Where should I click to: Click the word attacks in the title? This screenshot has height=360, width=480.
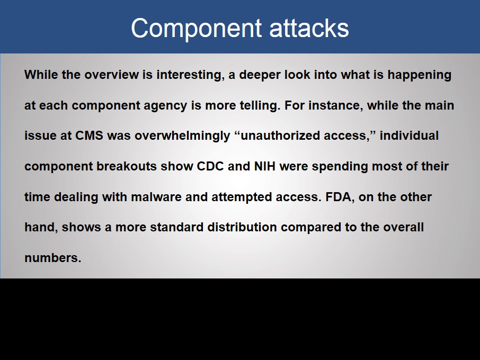coord(309,28)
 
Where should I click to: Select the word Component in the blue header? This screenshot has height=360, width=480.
coord(196,29)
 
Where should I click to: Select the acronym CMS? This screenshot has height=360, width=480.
coord(89,136)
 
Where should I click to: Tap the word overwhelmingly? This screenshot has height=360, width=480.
coord(182,136)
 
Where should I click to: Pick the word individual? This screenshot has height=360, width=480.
coord(410,136)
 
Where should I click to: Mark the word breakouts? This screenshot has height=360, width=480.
coord(127,166)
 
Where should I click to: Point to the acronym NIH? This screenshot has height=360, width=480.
coord(265,166)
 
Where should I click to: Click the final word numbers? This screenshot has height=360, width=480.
coord(52,258)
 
